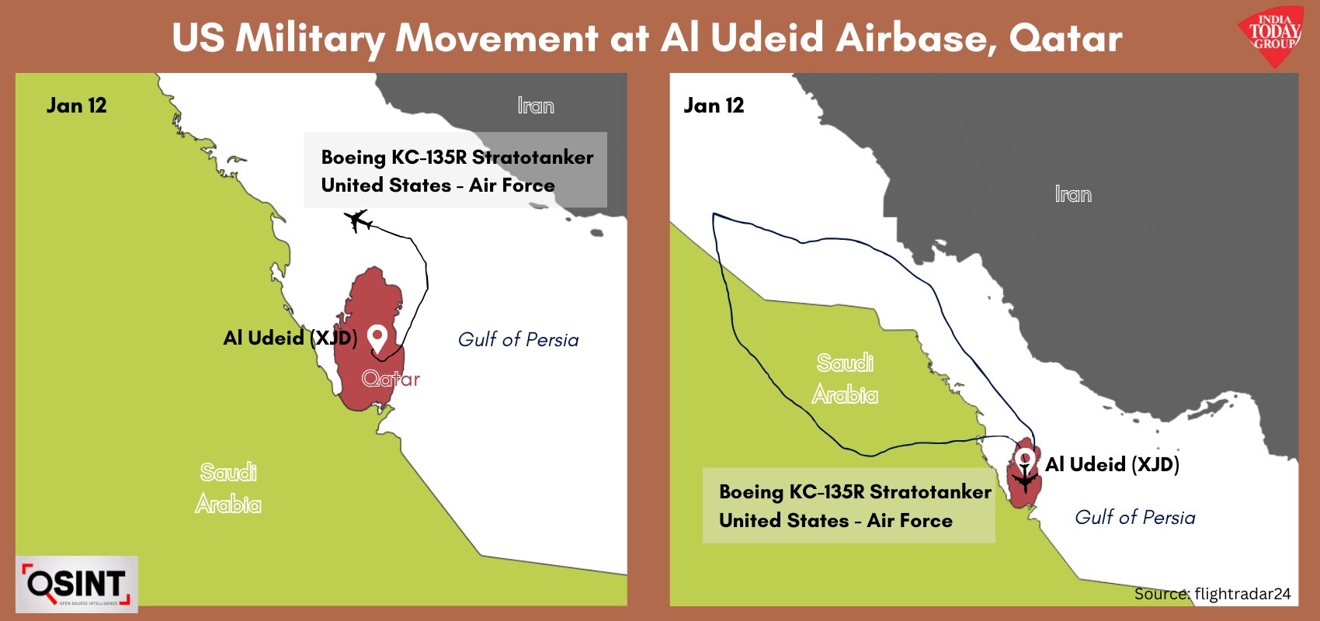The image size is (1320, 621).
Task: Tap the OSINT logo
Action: pyautogui.click(x=77, y=584)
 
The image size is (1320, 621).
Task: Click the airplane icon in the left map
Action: pyautogui.click(x=357, y=221)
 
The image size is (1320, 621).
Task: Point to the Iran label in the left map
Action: pyautogui.click(x=536, y=106)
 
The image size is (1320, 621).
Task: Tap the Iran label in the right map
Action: pyautogui.click(x=1073, y=194)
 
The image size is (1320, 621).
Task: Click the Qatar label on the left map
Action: pyautogui.click(x=391, y=379)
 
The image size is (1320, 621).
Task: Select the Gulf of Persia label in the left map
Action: pyautogui.click(x=518, y=340)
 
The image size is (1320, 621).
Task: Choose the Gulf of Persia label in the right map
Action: pyautogui.click(x=1135, y=517)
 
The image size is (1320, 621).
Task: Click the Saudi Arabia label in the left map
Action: pyautogui.click(x=228, y=488)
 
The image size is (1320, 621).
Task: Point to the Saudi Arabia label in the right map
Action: pyautogui.click(x=845, y=379)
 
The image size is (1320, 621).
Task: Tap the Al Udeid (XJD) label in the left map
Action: pyautogui.click(x=290, y=338)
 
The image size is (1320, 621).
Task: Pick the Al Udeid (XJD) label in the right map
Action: pyautogui.click(x=1112, y=464)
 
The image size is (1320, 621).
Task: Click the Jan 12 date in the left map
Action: pyautogui.click(x=77, y=106)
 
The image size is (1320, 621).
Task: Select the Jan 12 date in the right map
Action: pyautogui.click(x=714, y=106)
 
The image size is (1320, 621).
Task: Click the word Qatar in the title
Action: pyautogui.click(x=1065, y=39)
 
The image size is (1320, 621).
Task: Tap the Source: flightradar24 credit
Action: pyautogui.click(x=1212, y=594)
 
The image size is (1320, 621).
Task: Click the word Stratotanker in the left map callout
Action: pyautogui.click(x=533, y=158)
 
